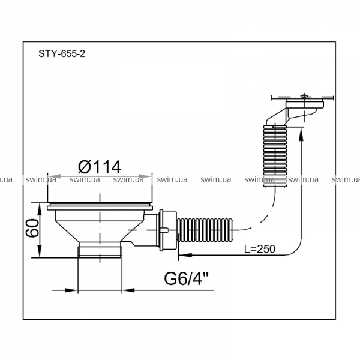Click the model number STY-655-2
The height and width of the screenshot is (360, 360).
(62, 54)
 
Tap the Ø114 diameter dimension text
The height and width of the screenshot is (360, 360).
(100, 167)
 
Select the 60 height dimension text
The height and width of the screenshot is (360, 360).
(32, 228)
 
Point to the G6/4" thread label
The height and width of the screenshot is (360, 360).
(186, 278)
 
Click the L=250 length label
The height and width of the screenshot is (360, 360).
(260, 249)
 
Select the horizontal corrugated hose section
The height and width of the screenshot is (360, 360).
(205, 230)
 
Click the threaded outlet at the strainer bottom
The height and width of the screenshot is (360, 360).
(100, 252)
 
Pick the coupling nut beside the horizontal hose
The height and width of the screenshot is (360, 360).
(167, 230)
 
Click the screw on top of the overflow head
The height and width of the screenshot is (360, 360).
(304, 96)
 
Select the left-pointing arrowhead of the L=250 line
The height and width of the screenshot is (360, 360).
(185, 255)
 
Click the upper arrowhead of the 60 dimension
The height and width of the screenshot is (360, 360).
(40, 209)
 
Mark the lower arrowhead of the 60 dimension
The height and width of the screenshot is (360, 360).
(40, 251)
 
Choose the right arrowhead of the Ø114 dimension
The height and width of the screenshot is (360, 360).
(146, 176)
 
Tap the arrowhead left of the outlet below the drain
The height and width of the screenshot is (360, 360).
(71, 290)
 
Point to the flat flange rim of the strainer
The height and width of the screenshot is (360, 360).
(100, 208)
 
